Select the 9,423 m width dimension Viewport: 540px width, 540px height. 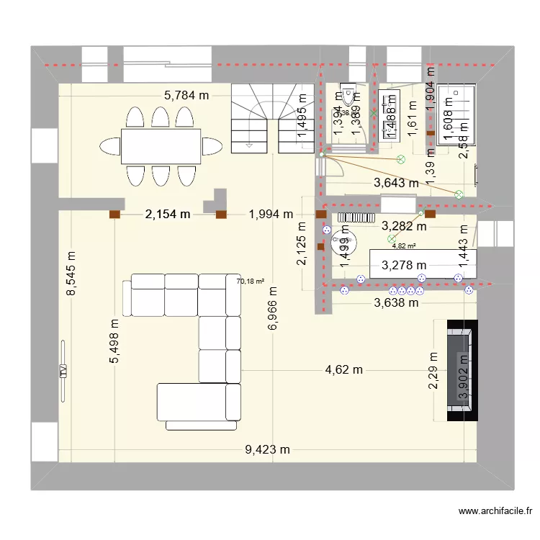tap(268, 450)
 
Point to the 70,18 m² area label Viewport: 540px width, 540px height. tap(250, 282)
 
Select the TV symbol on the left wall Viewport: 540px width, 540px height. tap(63, 372)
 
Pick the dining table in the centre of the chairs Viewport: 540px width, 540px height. tap(161, 146)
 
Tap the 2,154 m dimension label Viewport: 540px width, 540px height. tap(168, 214)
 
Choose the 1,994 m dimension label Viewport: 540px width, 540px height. tap(271, 214)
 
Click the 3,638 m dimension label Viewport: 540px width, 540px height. tap(396, 302)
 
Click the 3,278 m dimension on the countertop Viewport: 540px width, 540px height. tap(404, 266)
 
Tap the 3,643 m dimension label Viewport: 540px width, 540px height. tap(396, 184)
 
